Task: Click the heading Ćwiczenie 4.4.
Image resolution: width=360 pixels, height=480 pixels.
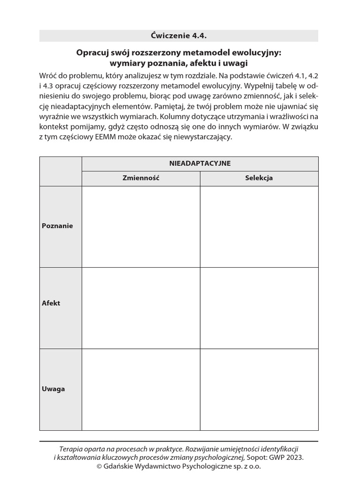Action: tap(179, 36)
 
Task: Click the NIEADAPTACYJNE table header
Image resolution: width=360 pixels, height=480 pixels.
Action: tap(200, 164)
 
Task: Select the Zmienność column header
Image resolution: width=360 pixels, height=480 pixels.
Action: tap(141, 178)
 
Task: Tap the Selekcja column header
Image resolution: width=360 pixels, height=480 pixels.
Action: tap(259, 178)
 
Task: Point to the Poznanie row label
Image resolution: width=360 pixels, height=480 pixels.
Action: tap(57, 225)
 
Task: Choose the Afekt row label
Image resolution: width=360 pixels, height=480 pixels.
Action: tap(51, 303)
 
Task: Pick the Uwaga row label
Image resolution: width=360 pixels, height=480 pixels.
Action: tap(53, 389)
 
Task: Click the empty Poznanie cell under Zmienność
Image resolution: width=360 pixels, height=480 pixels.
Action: tap(141, 226)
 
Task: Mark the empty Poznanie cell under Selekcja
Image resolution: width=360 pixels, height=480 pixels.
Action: tap(259, 226)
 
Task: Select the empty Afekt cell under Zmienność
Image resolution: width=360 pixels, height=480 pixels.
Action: tap(141, 308)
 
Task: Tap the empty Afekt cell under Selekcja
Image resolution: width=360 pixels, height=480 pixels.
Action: tap(259, 308)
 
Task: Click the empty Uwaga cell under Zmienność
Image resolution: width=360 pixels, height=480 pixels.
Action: tap(141, 390)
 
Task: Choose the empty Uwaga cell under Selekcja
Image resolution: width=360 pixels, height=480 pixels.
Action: tap(259, 390)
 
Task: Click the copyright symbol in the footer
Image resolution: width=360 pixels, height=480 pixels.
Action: tap(99, 466)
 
